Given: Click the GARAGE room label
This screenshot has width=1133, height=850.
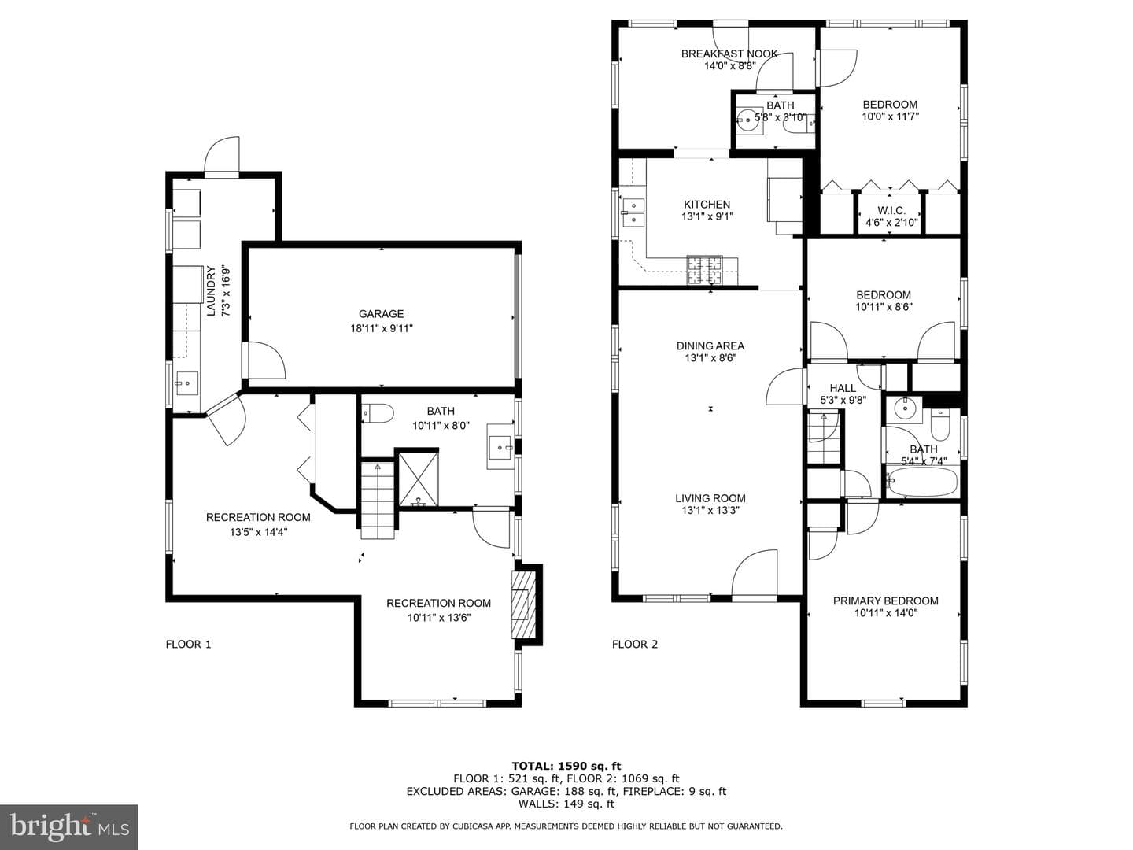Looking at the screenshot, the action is (381, 314).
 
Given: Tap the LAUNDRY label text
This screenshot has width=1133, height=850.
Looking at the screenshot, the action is (211, 290).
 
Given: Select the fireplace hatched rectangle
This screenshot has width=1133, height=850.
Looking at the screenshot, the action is (523, 605).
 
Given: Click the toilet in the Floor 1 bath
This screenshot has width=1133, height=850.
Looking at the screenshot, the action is (378, 413).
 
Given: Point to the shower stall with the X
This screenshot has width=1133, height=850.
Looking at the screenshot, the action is (419, 479).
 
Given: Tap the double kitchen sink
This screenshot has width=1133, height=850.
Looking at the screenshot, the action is (633, 213).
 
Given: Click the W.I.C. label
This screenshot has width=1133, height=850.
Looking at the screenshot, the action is (891, 211).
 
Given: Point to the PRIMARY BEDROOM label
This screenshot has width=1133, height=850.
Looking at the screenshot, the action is (886, 601).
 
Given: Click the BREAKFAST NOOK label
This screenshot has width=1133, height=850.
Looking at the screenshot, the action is (729, 54).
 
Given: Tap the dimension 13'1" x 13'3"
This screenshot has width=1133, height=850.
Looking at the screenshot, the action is (710, 511).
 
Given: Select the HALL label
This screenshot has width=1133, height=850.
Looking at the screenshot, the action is (843, 388).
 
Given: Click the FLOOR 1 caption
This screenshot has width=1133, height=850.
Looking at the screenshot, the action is (188, 644).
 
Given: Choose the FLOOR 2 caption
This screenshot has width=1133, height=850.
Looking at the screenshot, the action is (635, 644).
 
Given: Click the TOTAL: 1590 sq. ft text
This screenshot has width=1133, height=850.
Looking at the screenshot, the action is (566, 766).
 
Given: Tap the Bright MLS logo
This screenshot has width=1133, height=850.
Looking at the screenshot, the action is (69, 826).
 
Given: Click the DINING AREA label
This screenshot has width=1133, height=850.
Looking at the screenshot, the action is (710, 346).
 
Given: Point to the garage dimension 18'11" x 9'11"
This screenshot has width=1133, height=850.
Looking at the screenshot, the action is (382, 328).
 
